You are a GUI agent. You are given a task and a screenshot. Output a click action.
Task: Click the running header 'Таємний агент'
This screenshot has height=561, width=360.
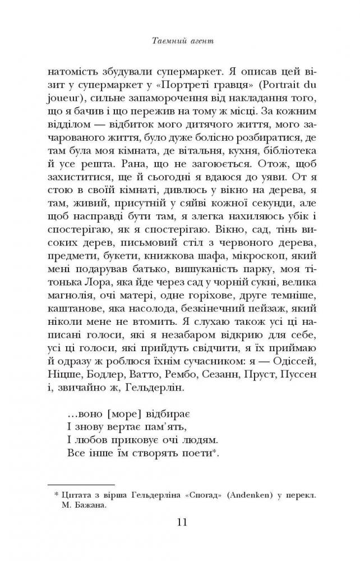pyautogui.click(x=180, y=41)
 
